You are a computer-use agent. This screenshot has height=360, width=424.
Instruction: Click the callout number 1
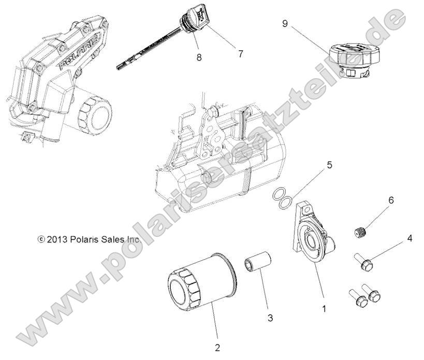click(x=325, y=309)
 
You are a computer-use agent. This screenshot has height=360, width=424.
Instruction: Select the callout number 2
click(x=217, y=347)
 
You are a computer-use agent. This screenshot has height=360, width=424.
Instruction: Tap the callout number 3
click(x=270, y=318)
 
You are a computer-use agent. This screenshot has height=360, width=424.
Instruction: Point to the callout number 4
click(x=410, y=239)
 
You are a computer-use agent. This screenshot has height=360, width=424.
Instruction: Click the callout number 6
click(x=391, y=200)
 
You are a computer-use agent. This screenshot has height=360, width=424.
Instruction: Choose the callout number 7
click(x=240, y=53)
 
